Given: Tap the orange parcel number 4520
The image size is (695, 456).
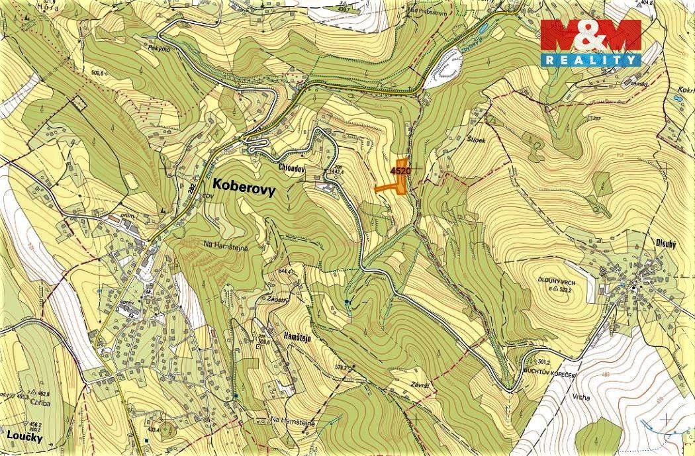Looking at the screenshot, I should pyautogui.click(x=401, y=171).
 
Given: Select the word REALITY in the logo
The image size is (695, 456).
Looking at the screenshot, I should pyautogui.click(x=591, y=60).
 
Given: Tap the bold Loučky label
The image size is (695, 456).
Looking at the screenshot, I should pyautogui.click(x=21, y=437).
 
